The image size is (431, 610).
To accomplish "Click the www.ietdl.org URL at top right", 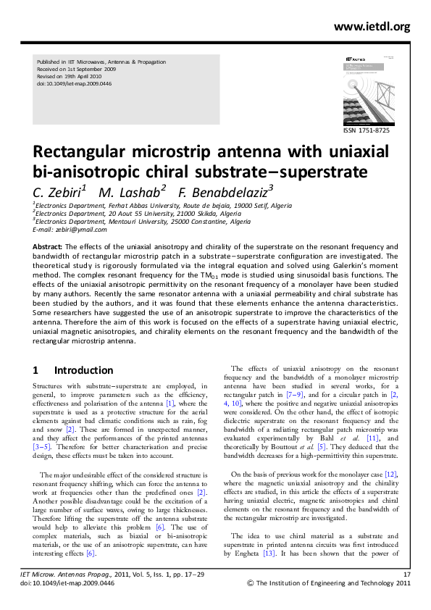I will [x=372, y=27].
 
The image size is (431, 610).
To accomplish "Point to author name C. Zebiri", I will [x=59, y=191].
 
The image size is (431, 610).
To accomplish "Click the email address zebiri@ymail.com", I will [x=80, y=230].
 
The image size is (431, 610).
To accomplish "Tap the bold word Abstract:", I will [x=49, y=247].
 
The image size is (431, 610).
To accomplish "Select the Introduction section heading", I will [x=83, y=370].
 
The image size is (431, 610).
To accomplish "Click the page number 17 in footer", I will [x=406, y=574].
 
